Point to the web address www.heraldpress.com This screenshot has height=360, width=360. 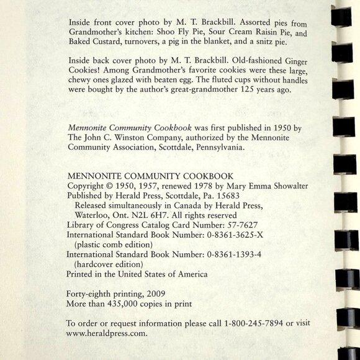coord(107,333)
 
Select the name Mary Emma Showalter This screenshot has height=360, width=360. coord(254,186)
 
